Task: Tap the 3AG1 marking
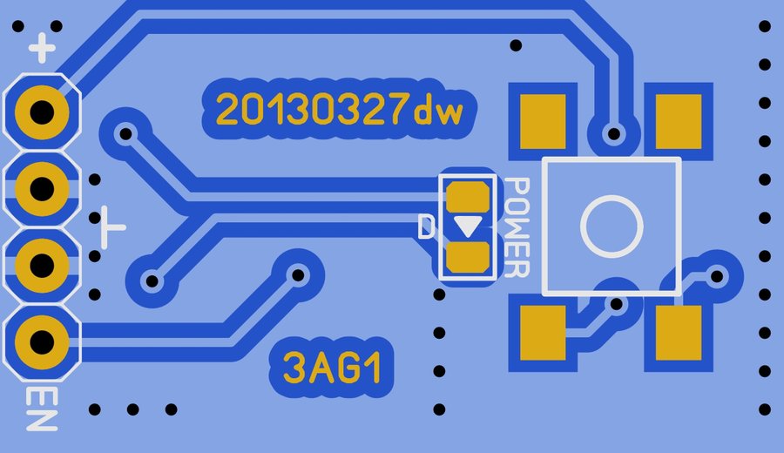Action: point(334,367)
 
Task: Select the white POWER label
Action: point(517,227)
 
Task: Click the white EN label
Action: point(41,409)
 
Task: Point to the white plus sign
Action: point(42,49)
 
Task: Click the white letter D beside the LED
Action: point(426,227)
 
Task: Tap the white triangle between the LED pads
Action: point(468,226)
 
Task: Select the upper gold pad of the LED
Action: point(468,196)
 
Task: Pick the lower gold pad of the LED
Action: point(468,257)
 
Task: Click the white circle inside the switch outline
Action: point(612,226)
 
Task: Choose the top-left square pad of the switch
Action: point(544,120)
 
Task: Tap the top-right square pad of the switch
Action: point(678,120)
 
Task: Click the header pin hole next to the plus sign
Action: point(41,112)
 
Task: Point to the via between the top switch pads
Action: point(614,134)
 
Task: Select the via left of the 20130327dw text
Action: point(125,133)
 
